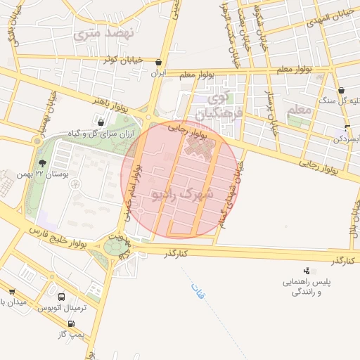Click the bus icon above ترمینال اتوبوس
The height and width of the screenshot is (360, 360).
point(61,297)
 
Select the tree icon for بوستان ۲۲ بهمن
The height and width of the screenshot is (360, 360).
point(42,163)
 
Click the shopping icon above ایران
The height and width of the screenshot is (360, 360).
point(158,62)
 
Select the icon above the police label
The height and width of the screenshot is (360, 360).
point(307,270)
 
